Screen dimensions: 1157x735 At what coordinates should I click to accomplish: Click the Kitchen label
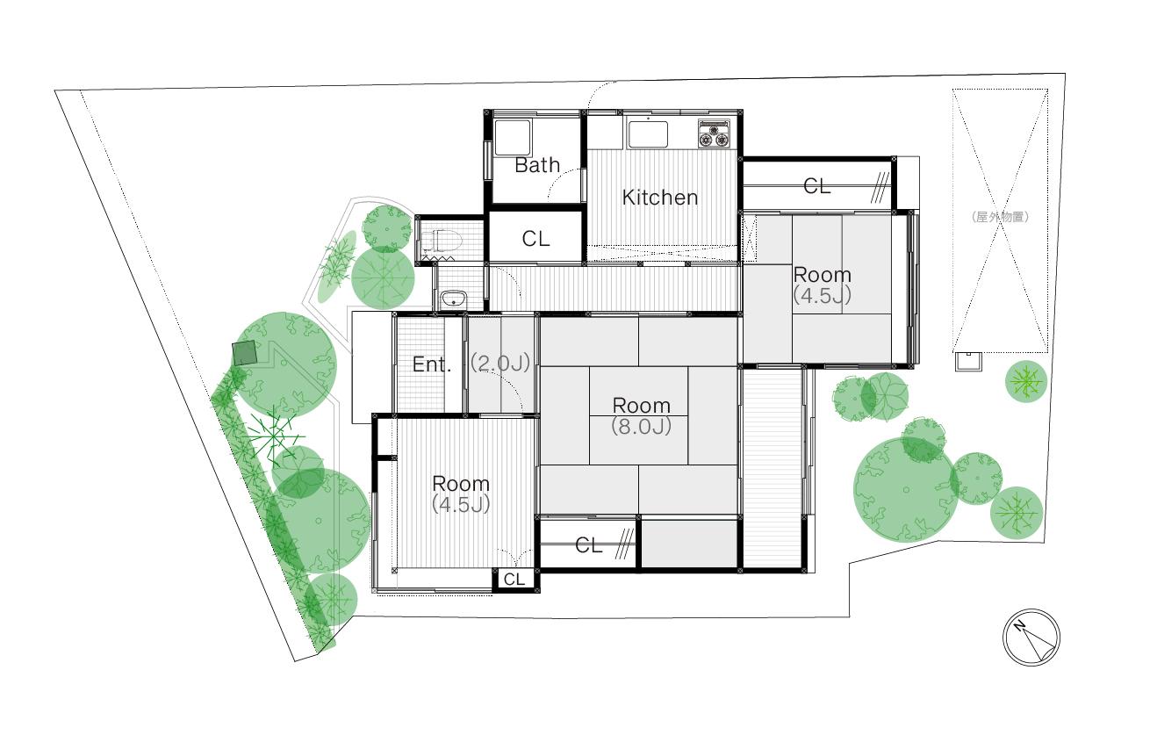[x=659, y=198]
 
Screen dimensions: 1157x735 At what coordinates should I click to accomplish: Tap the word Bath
[x=537, y=165]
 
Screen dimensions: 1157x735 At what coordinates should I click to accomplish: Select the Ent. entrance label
[x=432, y=364]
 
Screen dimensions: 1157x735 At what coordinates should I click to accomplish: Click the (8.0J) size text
[x=642, y=427]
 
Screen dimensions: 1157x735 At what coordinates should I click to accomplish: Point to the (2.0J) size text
[x=500, y=364]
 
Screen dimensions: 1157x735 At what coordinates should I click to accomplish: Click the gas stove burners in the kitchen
[x=714, y=133]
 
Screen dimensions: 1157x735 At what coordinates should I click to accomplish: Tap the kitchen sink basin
[x=648, y=133]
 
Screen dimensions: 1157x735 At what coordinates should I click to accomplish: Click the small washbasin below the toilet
[x=454, y=299]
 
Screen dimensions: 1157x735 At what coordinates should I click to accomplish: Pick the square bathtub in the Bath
[x=513, y=137]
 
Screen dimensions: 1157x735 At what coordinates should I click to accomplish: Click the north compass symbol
[x=1031, y=637]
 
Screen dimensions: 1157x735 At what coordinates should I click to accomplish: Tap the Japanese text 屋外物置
[x=1000, y=217]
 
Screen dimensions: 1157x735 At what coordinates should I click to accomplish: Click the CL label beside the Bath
[x=535, y=239]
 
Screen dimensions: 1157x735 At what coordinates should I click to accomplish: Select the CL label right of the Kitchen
[x=816, y=186]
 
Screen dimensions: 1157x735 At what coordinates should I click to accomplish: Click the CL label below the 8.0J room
[x=589, y=545]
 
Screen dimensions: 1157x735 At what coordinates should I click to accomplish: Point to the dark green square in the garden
[x=244, y=353]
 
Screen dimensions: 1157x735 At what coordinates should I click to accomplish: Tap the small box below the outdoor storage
[x=968, y=361]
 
